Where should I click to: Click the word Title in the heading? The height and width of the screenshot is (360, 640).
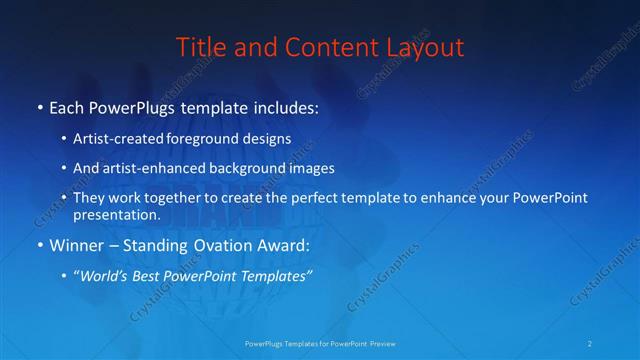(x=200, y=47)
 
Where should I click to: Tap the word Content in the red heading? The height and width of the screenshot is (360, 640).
(x=318, y=47)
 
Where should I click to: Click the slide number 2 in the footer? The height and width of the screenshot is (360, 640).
(x=591, y=344)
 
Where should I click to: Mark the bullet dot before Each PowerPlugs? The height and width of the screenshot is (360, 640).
(x=39, y=106)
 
